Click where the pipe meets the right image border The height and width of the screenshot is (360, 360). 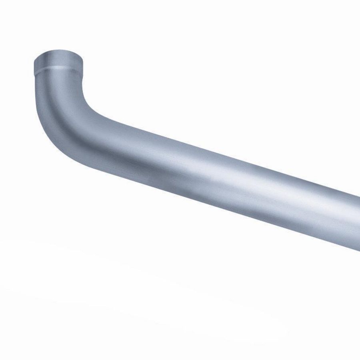point(357,222)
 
